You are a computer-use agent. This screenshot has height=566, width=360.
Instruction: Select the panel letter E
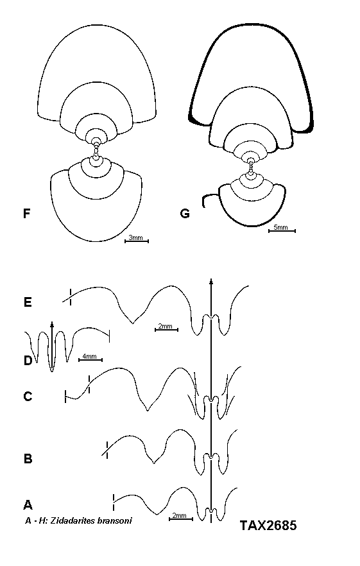(x=28, y=302)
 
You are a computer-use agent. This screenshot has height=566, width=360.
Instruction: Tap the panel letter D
(x=28, y=360)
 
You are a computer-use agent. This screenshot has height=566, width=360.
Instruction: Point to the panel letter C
(x=28, y=397)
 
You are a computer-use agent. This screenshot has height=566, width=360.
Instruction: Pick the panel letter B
(x=28, y=459)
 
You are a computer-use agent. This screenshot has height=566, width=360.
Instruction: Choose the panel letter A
(x=28, y=504)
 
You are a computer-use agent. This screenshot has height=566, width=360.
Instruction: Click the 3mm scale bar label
(x=136, y=237)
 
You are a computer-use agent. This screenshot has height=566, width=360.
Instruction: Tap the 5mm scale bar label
(x=280, y=227)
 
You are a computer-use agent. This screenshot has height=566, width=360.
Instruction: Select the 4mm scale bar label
(x=90, y=356)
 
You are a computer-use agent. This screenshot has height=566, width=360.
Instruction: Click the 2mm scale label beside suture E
(x=166, y=326)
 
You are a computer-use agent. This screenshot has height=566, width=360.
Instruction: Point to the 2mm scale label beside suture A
(x=180, y=515)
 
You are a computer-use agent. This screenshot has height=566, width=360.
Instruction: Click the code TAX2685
(x=268, y=525)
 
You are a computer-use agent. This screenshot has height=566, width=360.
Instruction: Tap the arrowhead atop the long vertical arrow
(x=211, y=282)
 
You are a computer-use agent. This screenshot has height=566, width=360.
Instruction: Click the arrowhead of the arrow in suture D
(x=52, y=324)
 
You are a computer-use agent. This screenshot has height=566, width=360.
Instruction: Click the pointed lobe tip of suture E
(x=133, y=323)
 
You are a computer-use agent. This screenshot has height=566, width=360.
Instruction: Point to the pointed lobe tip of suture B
(x=154, y=463)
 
